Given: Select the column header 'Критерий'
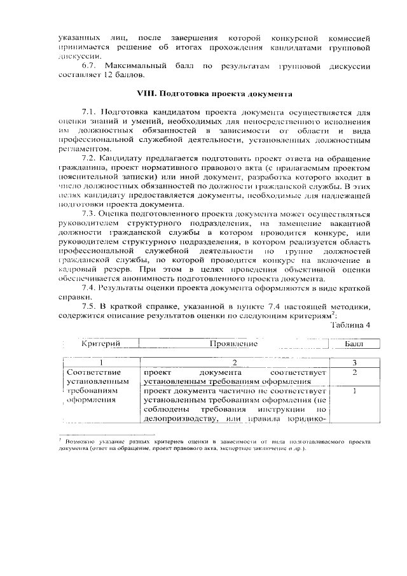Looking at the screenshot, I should [101, 344].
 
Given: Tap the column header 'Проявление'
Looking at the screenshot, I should [233, 344].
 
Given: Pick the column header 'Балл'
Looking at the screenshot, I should [354, 344].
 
